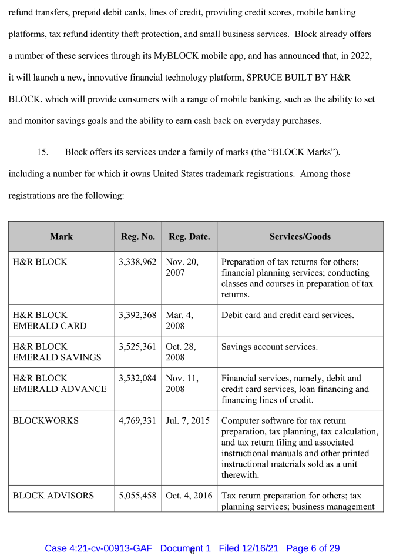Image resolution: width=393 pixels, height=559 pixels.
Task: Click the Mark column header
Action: [61, 237]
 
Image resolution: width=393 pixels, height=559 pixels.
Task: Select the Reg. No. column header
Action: [138, 237]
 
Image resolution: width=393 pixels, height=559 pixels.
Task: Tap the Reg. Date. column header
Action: [189, 237]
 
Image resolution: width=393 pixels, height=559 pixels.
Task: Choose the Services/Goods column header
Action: [300, 237]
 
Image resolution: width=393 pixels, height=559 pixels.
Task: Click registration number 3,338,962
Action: [138, 262]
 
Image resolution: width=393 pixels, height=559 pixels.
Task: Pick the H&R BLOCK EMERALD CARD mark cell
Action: [49, 320]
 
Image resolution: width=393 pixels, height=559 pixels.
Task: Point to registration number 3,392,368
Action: [138, 315]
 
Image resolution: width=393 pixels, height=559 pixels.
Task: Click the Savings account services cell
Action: [270, 347]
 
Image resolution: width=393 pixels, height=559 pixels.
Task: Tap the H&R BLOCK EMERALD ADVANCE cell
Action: [59, 384]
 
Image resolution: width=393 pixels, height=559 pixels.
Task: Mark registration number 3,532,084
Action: [138, 379]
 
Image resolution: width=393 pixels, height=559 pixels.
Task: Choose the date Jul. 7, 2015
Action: [188, 421]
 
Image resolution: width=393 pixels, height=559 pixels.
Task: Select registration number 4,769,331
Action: [138, 421]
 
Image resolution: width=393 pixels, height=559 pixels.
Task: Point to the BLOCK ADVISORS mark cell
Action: [53, 496]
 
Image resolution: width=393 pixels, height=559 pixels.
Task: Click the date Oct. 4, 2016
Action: [189, 496]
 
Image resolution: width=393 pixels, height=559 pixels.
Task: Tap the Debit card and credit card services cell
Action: [287, 315]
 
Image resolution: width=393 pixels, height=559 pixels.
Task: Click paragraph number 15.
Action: [42, 152]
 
